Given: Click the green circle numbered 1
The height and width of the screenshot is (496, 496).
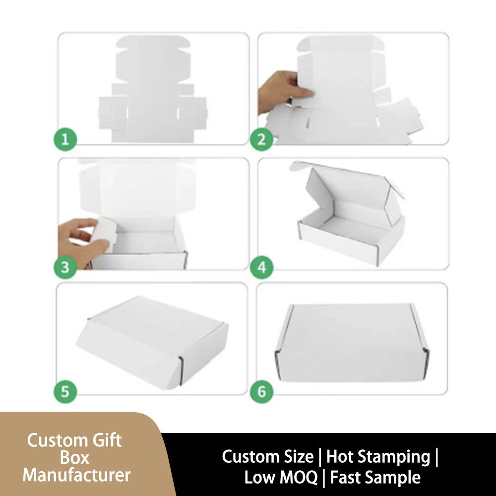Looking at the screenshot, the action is tap(65, 139).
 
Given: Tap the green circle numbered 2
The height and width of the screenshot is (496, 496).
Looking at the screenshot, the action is tap(261, 139).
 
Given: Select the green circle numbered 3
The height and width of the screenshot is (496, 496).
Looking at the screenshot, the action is tap(65, 267).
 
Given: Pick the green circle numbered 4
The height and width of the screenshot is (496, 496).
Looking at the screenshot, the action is tap(261, 267).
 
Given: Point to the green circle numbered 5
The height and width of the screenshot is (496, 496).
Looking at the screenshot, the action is tap(65, 392).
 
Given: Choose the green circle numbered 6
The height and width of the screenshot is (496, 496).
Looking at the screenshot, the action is tap(261, 392).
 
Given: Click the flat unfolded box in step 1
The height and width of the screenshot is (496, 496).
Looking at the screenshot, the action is tap(153, 89).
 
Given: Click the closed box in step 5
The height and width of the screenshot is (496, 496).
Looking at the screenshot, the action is tap(152, 343).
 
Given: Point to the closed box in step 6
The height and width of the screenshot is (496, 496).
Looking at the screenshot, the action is tap(352, 343).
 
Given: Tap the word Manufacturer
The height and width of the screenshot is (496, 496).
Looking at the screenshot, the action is tap(76, 475).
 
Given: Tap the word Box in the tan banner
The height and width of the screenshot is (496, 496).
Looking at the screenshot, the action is tap(75, 458).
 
